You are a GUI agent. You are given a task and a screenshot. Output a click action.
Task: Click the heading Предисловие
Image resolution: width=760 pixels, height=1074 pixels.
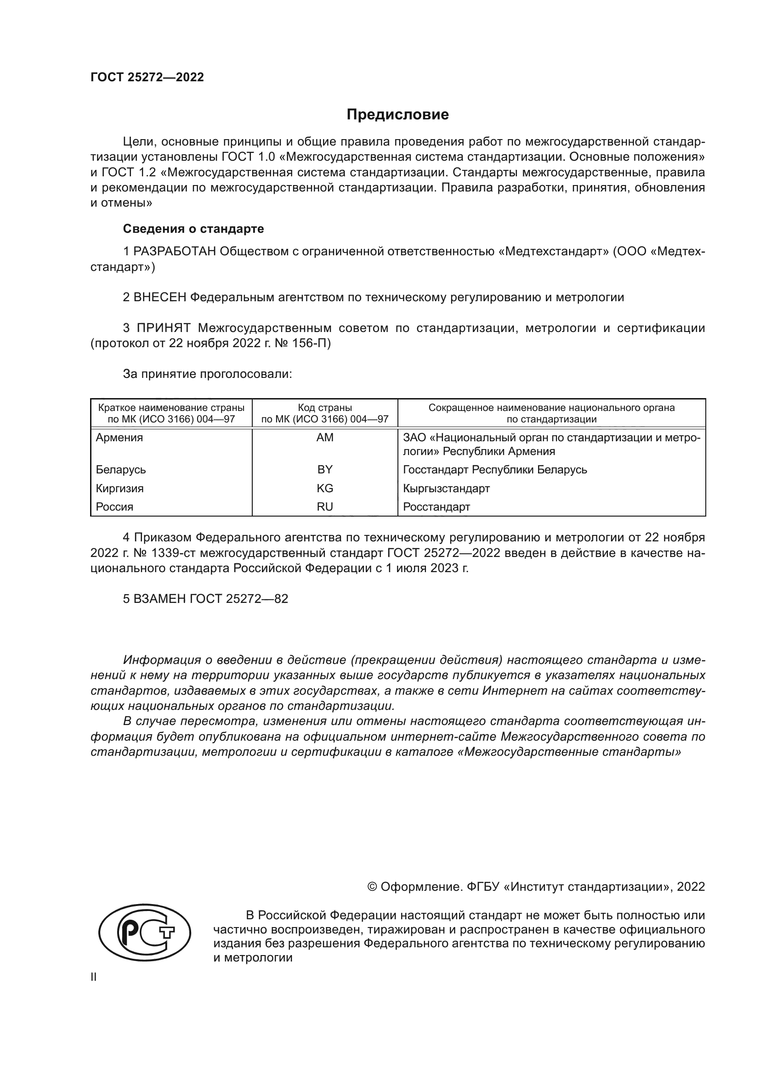[x=397, y=115]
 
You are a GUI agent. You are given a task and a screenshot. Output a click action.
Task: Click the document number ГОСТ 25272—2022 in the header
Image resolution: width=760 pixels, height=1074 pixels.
[x=147, y=77]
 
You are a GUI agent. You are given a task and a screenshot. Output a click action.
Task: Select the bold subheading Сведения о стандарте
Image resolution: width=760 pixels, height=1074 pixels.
[x=193, y=229]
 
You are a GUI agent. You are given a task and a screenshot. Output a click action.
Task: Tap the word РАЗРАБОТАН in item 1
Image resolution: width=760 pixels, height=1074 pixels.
[x=175, y=252]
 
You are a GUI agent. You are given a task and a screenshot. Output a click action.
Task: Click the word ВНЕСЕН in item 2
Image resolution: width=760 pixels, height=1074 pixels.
[x=160, y=298]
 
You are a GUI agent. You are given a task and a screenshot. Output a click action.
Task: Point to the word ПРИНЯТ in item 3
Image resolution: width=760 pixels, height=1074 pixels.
[x=164, y=328]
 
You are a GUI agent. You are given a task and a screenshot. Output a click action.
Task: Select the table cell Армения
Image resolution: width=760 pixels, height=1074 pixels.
[x=119, y=438]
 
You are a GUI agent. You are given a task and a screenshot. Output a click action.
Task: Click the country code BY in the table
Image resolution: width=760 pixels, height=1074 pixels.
[x=325, y=470]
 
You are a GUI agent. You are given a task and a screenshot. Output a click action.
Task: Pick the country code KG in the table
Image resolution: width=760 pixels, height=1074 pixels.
[x=325, y=489]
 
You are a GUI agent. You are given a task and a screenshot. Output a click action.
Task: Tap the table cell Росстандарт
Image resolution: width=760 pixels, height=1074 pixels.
[x=437, y=507]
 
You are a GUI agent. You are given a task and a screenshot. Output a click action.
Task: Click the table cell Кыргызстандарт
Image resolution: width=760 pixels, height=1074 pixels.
[x=447, y=489]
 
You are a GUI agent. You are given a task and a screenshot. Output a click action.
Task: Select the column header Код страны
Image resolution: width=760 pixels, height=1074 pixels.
[x=325, y=408]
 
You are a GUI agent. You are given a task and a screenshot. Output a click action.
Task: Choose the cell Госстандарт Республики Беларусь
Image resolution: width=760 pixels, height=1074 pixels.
[x=495, y=470]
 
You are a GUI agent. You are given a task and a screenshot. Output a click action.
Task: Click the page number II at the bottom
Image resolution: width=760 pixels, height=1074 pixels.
[x=94, y=977]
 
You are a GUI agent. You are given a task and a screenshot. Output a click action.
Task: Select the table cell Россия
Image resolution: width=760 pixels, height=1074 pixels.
[x=115, y=507]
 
